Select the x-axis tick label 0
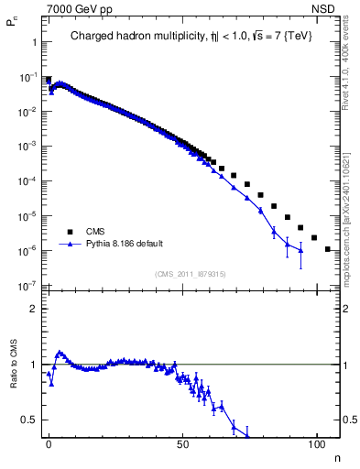49,443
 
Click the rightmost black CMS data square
327,248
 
